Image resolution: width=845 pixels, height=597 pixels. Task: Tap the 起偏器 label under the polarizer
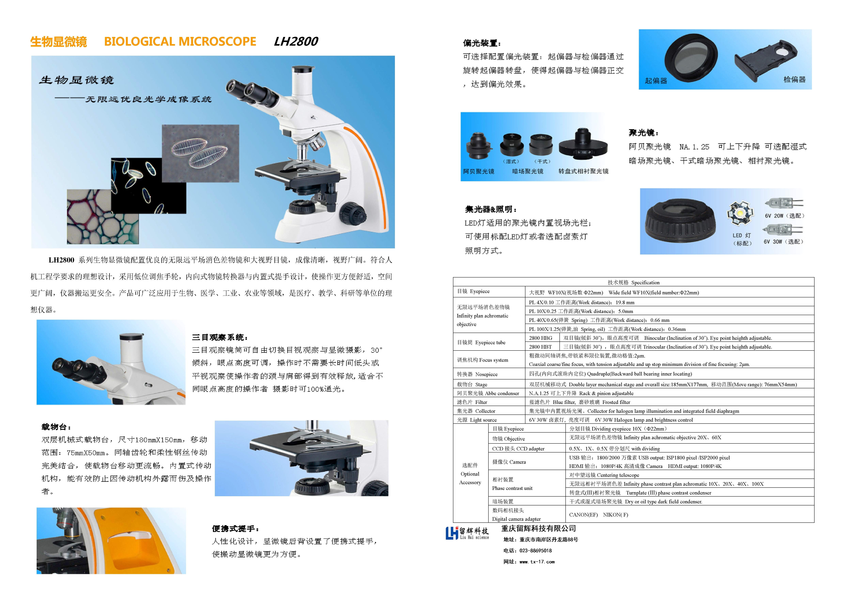[x=656, y=81]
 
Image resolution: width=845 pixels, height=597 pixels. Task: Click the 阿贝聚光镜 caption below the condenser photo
[x=478, y=171]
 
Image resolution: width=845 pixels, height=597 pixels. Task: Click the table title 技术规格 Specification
[x=633, y=283]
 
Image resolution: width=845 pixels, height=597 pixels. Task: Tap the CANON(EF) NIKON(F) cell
[x=598, y=515]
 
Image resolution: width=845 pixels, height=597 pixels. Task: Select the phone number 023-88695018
[x=535, y=551]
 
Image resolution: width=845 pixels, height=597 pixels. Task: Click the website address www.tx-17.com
[x=537, y=562]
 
